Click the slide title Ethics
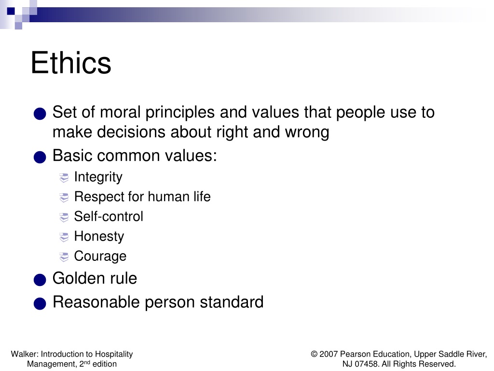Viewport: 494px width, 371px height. coord(71,63)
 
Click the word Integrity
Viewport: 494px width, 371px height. coord(98,177)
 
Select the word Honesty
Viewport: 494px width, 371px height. coord(99,237)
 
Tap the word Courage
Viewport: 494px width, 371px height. coord(100,256)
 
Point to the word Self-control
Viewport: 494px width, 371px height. coord(109,216)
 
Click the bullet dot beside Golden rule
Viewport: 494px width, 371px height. coord(40,280)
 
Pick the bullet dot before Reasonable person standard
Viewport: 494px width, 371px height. coord(40,303)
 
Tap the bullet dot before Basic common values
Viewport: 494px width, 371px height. coord(40,157)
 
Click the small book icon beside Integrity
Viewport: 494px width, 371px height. coord(64,178)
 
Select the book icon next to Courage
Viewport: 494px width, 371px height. coord(64,257)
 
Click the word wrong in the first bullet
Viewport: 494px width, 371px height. coord(307,132)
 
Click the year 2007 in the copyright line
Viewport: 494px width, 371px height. coord(329,354)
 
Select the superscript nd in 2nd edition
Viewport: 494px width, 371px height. coord(87,362)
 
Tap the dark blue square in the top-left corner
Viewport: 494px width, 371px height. coord(11,11)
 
